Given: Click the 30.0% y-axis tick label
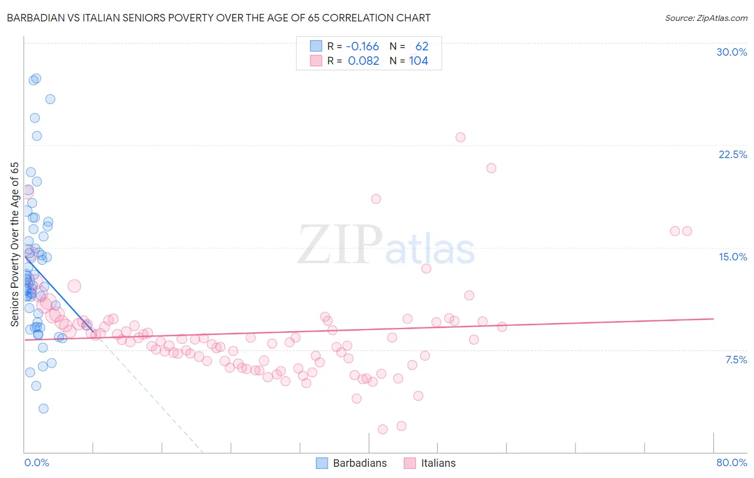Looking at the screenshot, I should point(731,52).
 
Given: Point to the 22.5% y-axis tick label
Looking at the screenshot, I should point(733,154).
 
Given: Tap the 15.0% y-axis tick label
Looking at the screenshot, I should point(733,257).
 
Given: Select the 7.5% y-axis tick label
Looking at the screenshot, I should point(736,360).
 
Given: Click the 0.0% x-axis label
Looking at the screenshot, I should point(36,462).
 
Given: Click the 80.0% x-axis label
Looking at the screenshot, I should point(731,462).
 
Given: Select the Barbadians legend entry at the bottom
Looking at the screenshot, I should point(351,463).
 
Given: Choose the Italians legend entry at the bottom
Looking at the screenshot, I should point(430,463).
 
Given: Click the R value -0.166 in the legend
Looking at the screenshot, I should point(363,47).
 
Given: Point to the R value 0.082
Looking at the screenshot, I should point(364,61).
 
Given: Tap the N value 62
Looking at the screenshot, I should point(422,47).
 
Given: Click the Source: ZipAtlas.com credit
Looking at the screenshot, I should point(706,18).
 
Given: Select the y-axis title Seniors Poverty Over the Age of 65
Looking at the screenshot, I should point(15,244).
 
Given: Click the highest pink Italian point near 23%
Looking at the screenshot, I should point(460,137).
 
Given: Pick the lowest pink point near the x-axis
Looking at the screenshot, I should point(382,429).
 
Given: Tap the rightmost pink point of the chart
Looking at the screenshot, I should point(687,231).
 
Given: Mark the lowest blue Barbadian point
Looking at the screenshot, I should point(43,408).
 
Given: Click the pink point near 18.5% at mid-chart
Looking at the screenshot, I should point(376,199).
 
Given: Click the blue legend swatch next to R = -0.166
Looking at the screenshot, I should point(316,47).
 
